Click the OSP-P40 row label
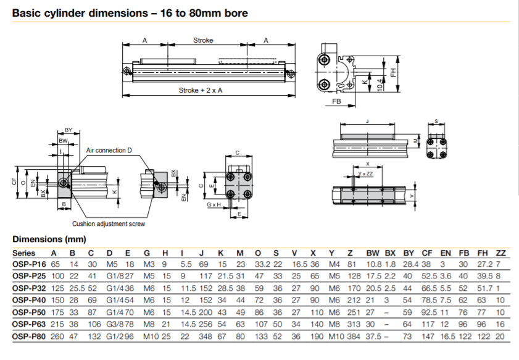[x=29, y=300]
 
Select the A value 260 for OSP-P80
[x=57, y=337]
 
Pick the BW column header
[x=372, y=253]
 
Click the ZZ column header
[x=501, y=253]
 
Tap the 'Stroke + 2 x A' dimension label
[x=201, y=90]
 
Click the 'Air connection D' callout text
[x=109, y=150]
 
